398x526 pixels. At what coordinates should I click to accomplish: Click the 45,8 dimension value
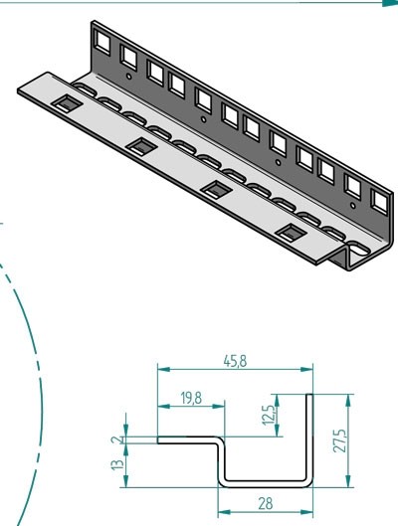[x=234, y=363]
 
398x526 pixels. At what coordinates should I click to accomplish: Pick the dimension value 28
[x=265, y=503]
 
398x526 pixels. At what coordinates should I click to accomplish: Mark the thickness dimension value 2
[x=117, y=438]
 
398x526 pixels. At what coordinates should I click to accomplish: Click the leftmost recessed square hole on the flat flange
[x=65, y=101]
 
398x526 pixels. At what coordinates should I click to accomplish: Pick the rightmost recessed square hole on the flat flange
[x=290, y=234]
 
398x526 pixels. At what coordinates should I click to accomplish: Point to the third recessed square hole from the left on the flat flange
[x=215, y=189]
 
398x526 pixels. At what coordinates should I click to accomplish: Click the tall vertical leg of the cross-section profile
[x=309, y=438]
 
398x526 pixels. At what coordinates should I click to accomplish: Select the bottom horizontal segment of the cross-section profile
[x=265, y=482]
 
